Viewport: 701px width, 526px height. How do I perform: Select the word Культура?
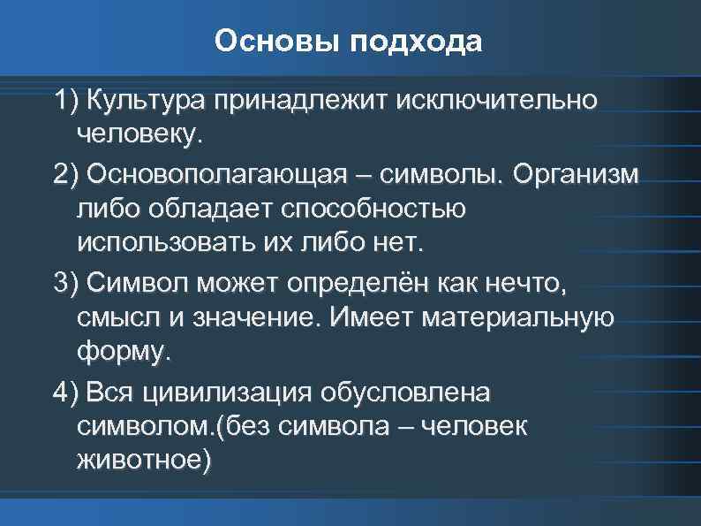click(x=150, y=101)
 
